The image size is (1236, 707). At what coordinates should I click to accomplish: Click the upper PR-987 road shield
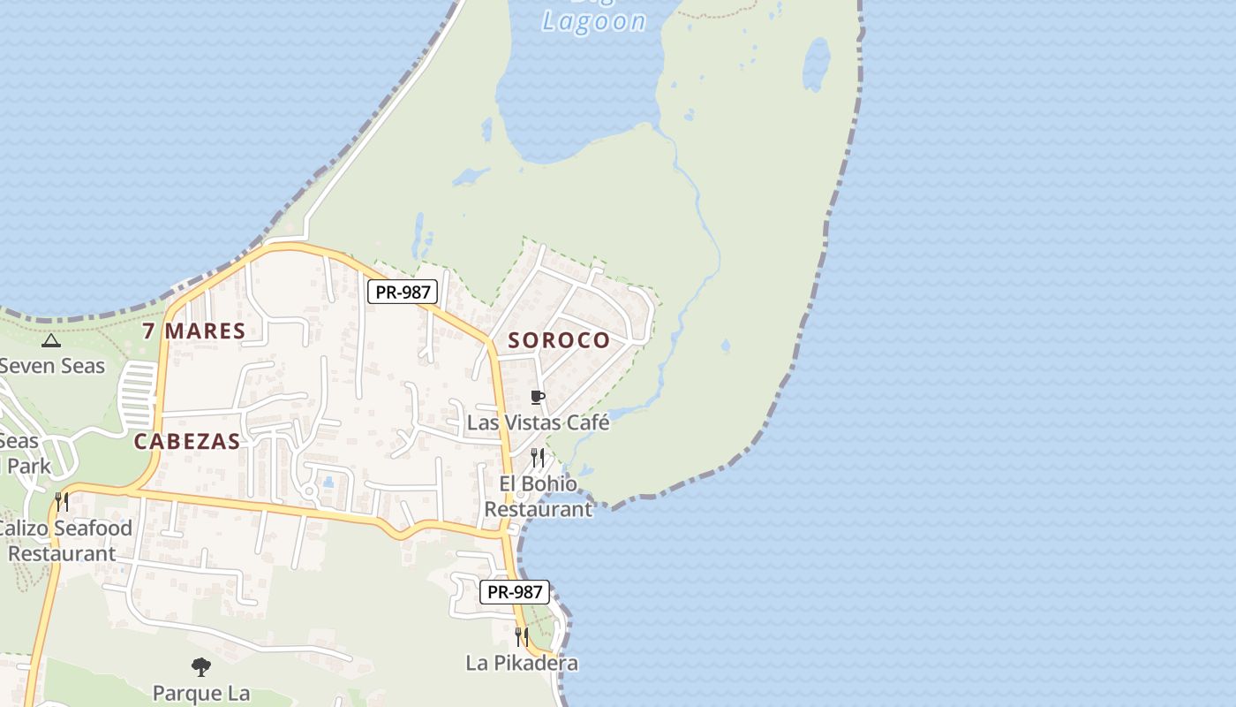pyautogui.click(x=403, y=292)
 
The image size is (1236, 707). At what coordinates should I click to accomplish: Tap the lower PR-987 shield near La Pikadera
pyautogui.click(x=515, y=592)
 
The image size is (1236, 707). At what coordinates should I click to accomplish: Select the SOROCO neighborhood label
pyautogui.click(x=559, y=340)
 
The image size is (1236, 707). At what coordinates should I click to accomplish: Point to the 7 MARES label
pyautogui.click(x=193, y=331)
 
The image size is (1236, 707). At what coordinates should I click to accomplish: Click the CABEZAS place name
pyautogui.click(x=187, y=442)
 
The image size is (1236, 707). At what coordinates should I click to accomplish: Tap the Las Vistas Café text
pyautogui.click(x=538, y=422)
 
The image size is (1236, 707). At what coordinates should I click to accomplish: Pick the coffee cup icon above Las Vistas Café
pyautogui.click(x=538, y=397)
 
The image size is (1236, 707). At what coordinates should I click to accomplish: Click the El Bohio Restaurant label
pyautogui.click(x=538, y=496)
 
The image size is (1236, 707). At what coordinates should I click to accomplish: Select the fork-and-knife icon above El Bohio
pyautogui.click(x=537, y=457)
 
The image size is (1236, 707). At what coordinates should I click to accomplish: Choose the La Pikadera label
pyautogui.click(x=522, y=663)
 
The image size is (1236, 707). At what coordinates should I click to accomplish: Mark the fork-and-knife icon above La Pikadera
pyautogui.click(x=522, y=635)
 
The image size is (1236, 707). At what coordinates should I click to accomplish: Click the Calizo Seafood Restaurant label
pyautogui.click(x=64, y=541)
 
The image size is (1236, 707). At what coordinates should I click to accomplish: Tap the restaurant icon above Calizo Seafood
pyautogui.click(x=62, y=501)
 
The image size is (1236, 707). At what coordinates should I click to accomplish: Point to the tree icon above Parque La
pyautogui.click(x=201, y=666)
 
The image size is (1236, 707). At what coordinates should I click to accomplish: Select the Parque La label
pyautogui.click(x=201, y=693)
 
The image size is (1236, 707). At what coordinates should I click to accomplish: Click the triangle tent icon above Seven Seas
pyautogui.click(x=51, y=340)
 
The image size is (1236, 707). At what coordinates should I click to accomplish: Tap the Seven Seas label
pyautogui.click(x=52, y=365)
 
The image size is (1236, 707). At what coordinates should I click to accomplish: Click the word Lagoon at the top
pyautogui.click(x=593, y=21)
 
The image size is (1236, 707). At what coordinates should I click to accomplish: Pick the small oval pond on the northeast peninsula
pyautogui.click(x=816, y=64)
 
